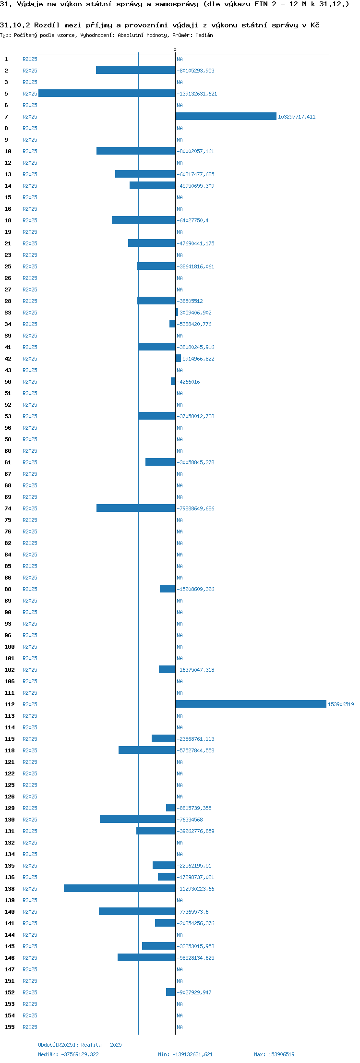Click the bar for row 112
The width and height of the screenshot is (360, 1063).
251,704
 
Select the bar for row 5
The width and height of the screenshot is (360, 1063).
107,93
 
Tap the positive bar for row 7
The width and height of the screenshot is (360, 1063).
226,116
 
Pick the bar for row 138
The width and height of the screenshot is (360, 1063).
120,888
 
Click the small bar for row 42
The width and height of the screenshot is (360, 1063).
178,358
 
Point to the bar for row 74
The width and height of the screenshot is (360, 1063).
136,508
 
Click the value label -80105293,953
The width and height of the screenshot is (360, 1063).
196,71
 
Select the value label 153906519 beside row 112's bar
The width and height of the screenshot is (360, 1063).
341,704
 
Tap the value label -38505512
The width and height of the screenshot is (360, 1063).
190,301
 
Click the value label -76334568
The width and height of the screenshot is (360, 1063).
190,820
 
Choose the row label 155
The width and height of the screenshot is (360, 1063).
10,1027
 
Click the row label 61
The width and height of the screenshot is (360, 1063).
8,462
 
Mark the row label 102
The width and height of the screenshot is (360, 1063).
10,670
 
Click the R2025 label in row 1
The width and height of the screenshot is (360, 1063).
30,59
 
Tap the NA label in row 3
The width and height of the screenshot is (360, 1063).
180,82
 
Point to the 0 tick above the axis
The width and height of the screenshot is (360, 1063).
175,49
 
